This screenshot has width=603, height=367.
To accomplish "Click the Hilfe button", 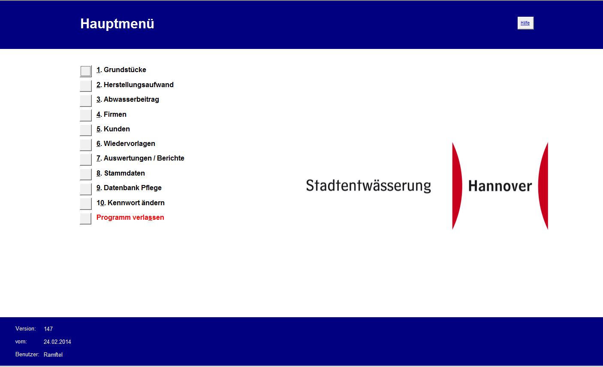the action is [525, 23].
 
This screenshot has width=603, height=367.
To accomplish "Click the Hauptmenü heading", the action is [117, 24].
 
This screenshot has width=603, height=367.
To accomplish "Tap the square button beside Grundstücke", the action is [86, 71].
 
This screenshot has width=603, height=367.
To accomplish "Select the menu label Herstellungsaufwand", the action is [135, 85].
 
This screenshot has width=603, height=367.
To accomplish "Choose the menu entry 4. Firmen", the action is [111, 114].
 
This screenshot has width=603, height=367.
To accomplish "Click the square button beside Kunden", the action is [86, 130].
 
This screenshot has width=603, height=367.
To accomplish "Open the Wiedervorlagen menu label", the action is [126, 144].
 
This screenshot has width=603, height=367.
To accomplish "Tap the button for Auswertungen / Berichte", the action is [86, 160].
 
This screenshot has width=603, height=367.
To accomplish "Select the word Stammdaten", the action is [124, 173].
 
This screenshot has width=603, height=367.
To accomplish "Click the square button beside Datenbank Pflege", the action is [86, 189].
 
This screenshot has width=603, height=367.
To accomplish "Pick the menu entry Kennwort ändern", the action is [130, 203].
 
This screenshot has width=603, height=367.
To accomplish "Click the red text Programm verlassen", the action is [130, 218].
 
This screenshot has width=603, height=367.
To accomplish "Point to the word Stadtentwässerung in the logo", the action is [368, 186].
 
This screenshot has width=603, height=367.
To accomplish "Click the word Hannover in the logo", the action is [500, 186].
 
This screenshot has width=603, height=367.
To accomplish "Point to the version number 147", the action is [48, 329].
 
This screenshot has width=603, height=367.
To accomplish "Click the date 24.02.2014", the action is [57, 342].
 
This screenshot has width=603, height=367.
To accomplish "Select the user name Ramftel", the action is [53, 355].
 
